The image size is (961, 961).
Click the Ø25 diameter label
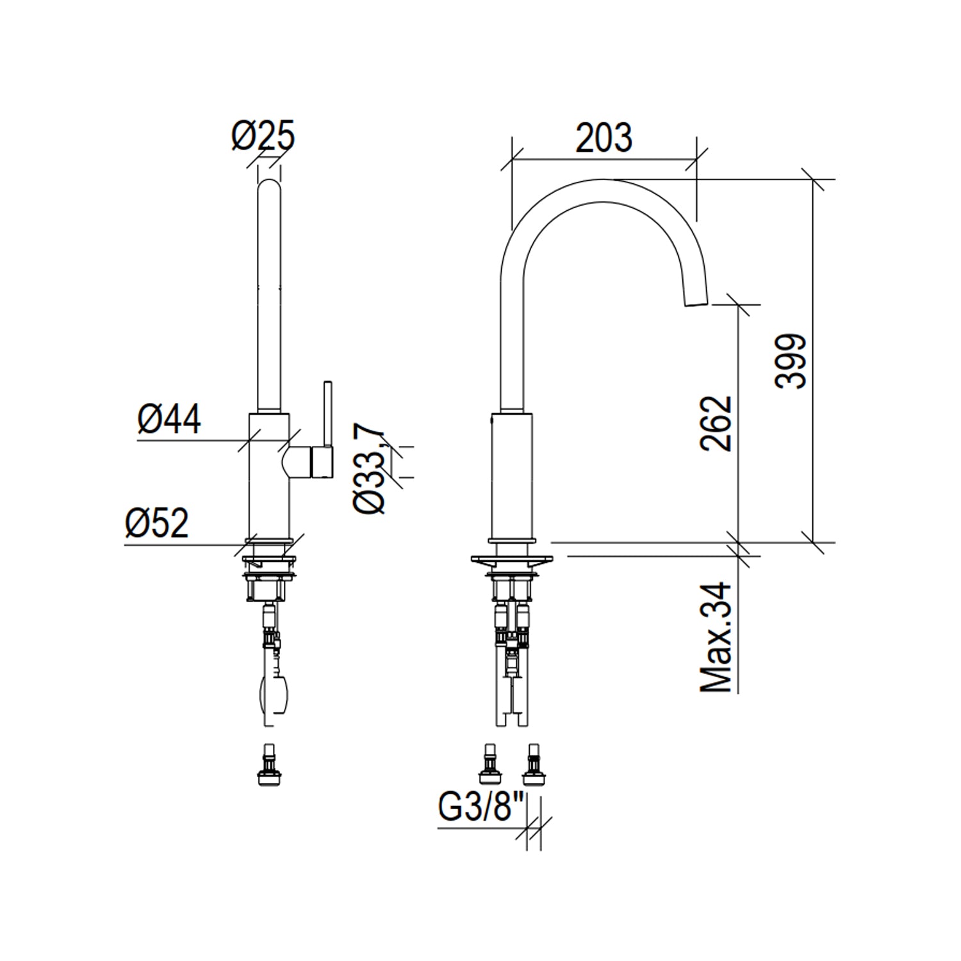(263, 136)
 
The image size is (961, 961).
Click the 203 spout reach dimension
(604, 138)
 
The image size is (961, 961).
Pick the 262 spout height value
(716, 424)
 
